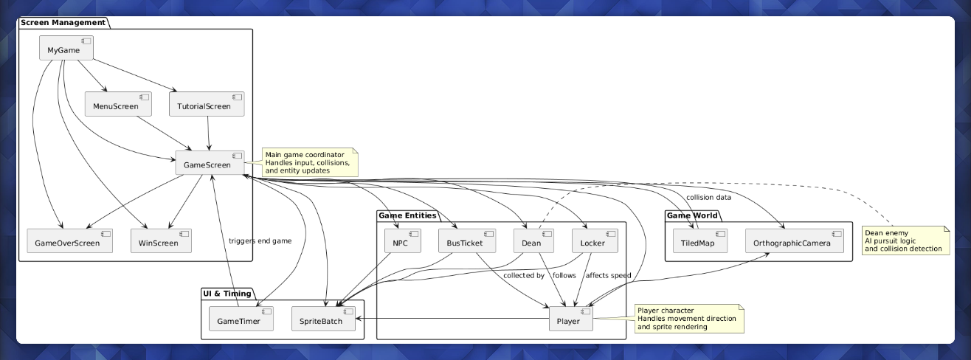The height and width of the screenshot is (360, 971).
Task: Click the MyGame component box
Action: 66,49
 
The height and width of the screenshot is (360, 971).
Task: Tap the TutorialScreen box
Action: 207,105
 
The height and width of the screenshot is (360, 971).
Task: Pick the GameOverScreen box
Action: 69,241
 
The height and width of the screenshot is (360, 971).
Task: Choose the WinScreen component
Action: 161,241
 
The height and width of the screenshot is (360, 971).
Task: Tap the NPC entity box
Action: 402,241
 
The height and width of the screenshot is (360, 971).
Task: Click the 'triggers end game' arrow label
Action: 260,241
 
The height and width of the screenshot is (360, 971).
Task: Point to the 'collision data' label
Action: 708,197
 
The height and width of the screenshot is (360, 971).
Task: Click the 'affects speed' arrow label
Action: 607,275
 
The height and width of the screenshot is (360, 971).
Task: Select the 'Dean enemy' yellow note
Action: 905,240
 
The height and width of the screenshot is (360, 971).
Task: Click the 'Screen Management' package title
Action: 62,23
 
